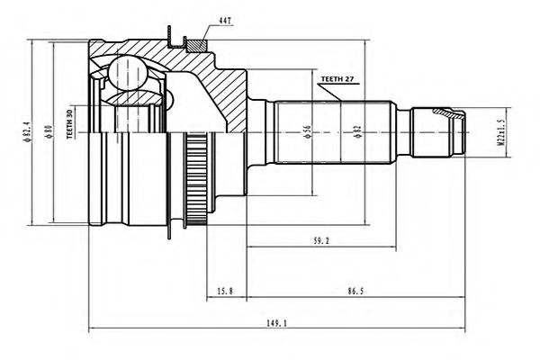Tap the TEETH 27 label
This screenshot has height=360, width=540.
[x=336, y=80]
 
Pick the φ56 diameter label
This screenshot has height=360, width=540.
[x=309, y=131]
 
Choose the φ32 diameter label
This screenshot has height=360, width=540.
[x=357, y=132]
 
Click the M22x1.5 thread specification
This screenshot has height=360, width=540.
[x=493, y=131]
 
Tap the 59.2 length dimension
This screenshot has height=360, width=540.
[x=319, y=240]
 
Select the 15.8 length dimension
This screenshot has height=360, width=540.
[x=225, y=290]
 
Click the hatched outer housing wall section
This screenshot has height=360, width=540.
[x=220, y=90]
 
